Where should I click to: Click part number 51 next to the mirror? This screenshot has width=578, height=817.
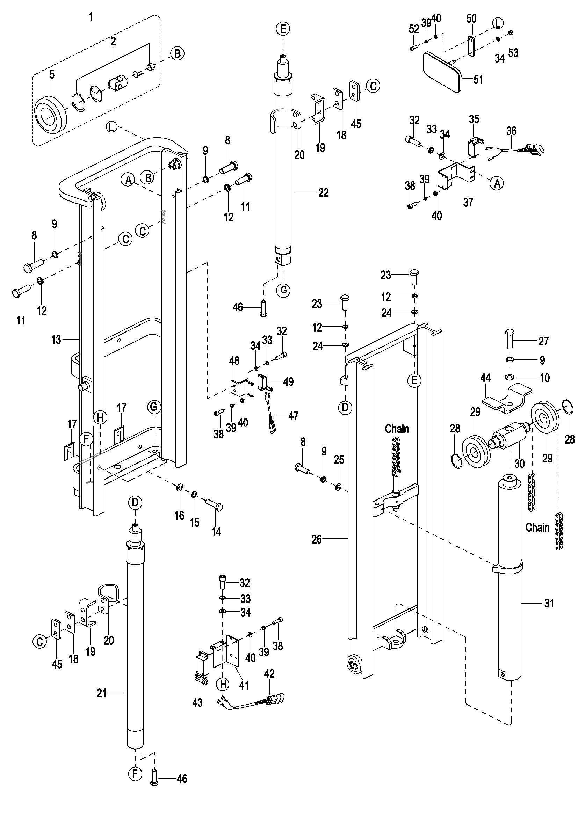(x=478, y=79)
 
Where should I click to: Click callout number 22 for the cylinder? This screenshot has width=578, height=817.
(x=323, y=192)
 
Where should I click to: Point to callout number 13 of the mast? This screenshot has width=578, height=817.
(x=56, y=340)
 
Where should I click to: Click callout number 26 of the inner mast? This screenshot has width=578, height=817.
(x=317, y=539)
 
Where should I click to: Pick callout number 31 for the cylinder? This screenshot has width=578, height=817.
(x=549, y=603)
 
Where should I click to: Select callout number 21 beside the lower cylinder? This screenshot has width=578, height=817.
(x=102, y=693)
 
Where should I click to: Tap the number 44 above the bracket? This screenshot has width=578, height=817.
(x=485, y=378)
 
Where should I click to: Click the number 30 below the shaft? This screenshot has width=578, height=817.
(x=520, y=463)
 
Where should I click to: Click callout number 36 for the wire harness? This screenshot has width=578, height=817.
(x=512, y=131)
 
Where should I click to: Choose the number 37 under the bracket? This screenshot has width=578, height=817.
(x=468, y=203)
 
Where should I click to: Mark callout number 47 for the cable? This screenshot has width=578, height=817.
(x=293, y=415)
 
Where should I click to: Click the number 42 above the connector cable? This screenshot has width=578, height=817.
(x=269, y=673)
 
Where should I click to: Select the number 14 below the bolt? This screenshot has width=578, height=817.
(x=216, y=532)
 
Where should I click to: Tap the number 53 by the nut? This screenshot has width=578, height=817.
(x=513, y=53)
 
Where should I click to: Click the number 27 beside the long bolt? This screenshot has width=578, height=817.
(x=543, y=341)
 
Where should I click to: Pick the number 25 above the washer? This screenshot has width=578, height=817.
(x=339, y=460)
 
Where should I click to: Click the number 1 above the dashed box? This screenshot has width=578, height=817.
(x=91, y=16)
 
